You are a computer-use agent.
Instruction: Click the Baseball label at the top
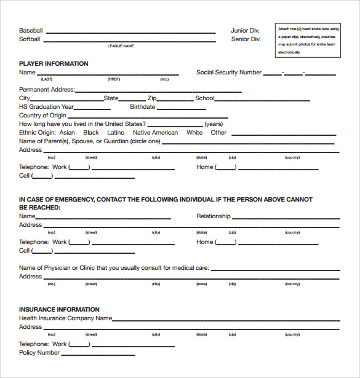pyautogui.click(x=31, y=31)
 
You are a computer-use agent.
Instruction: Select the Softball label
pyautogui.click(x=30, y=39)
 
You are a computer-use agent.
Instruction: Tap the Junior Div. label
pyautogui.click(x=246, y=31)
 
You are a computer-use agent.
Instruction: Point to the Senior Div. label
pyautogui.click(x=246, y=39)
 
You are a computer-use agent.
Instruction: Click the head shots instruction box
pyautogui.click(x=308, y=40)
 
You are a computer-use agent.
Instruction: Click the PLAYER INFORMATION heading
pyautogui.click(x=54, y=64)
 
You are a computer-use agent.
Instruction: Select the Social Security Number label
pyautogui.click(x=229, y=73)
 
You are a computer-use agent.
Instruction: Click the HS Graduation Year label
pyautogui.click(x=46, y=107)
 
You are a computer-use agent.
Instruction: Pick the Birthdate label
pyautogui.click(x=142, y=107)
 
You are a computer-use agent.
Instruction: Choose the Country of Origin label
pyautogui.click(x=42, y=116)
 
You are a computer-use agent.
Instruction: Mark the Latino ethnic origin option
pyautogui.click(x=116, y=133)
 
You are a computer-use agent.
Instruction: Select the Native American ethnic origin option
pyautogui.click(x=155, y=133)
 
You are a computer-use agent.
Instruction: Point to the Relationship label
pyautogui.click(x=213, y=216)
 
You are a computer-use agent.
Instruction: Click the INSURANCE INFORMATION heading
pyautogui.click(x=59, y=310)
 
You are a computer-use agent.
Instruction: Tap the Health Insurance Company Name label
pyautogui.click(x=65, y=318)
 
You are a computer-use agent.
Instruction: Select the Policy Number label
pyautogui.click(x=39, y=353)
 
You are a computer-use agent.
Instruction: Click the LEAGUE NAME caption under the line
pyautogui.click(x=121, y=46)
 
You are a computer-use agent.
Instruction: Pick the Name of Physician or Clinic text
pyautogui.click(x=114, y=268)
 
